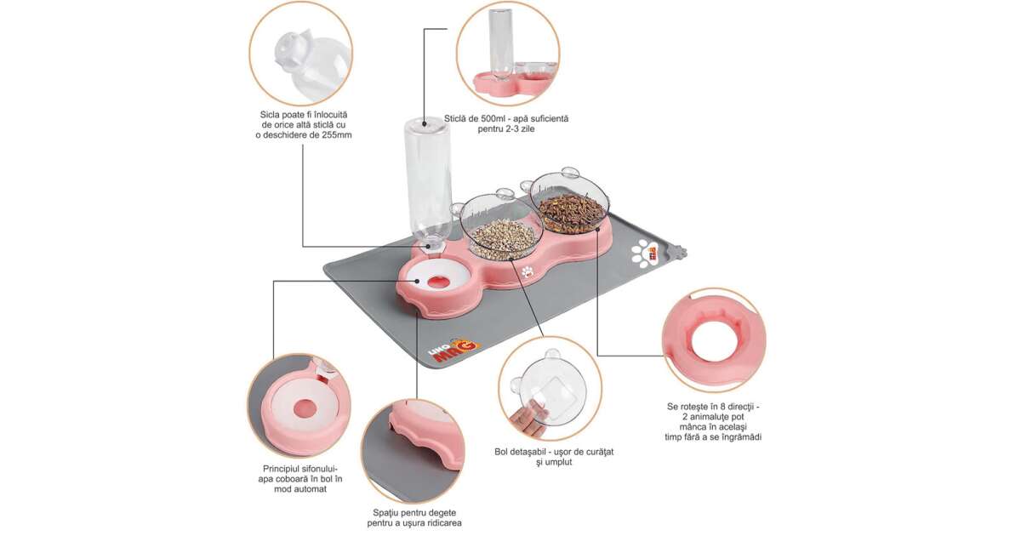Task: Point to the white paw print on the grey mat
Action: click(642, 253)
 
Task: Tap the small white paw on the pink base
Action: click(528, 271)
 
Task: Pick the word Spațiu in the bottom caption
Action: click(386, 513)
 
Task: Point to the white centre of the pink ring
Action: click(713, 341)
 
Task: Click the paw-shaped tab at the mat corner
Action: click(681, 251)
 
